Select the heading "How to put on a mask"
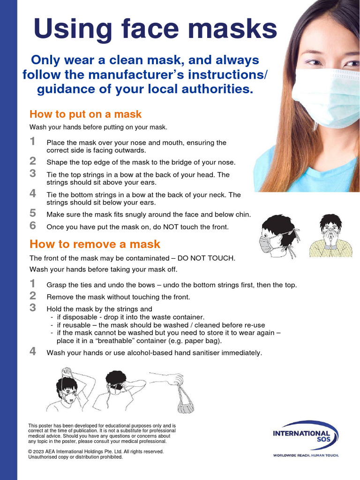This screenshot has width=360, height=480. click(x=85, y=114)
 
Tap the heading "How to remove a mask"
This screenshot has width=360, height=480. click(x=95, y=244)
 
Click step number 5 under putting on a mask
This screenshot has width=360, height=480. click(x=32, y=213)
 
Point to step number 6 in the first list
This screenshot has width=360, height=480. click(x=32, y=225)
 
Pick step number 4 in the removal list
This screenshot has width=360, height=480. click(x=32, y=352)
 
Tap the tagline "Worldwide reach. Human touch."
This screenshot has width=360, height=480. click(x=306, y=455)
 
